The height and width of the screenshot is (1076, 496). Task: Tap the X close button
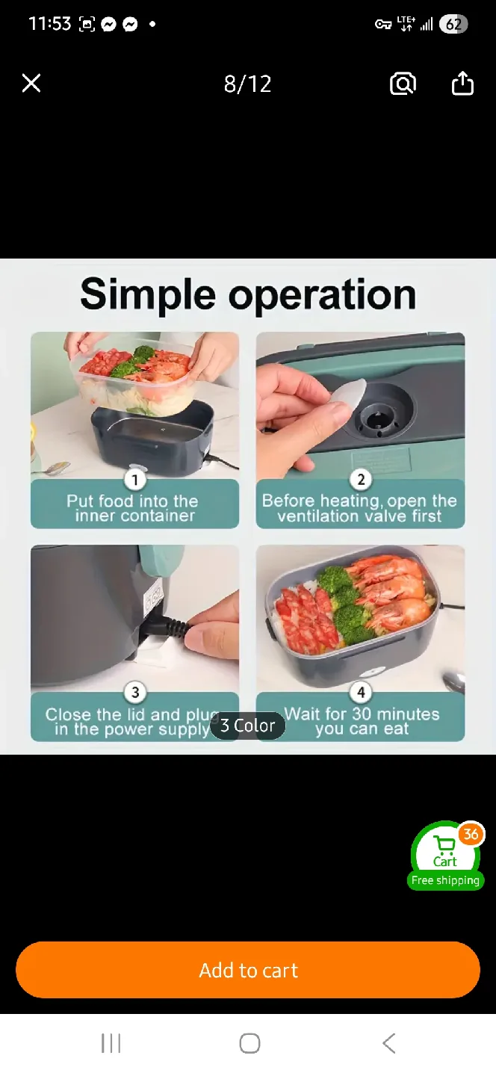[x=31, y=83]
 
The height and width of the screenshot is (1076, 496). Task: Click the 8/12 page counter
[x=247, y=84]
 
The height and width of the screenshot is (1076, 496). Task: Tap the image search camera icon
[x=403, y=84]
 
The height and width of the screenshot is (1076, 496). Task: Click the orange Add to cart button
[x=248, y=970]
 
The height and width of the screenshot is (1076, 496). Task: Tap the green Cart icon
[x=444, y=852]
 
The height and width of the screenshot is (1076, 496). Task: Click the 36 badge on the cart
[x=471, y=834]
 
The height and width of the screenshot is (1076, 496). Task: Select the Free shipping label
[x=445, y=880]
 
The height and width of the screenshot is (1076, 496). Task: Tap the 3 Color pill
[x=247, y=726]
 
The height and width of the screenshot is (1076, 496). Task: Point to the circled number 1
[x=134, y=479]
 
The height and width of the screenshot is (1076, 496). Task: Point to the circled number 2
[x=360, y=479]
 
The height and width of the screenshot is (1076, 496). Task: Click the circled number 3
[x=134, y=692]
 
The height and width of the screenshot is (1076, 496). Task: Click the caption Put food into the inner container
[x=134, y=508]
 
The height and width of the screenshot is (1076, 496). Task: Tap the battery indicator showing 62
[x=453, y=24]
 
